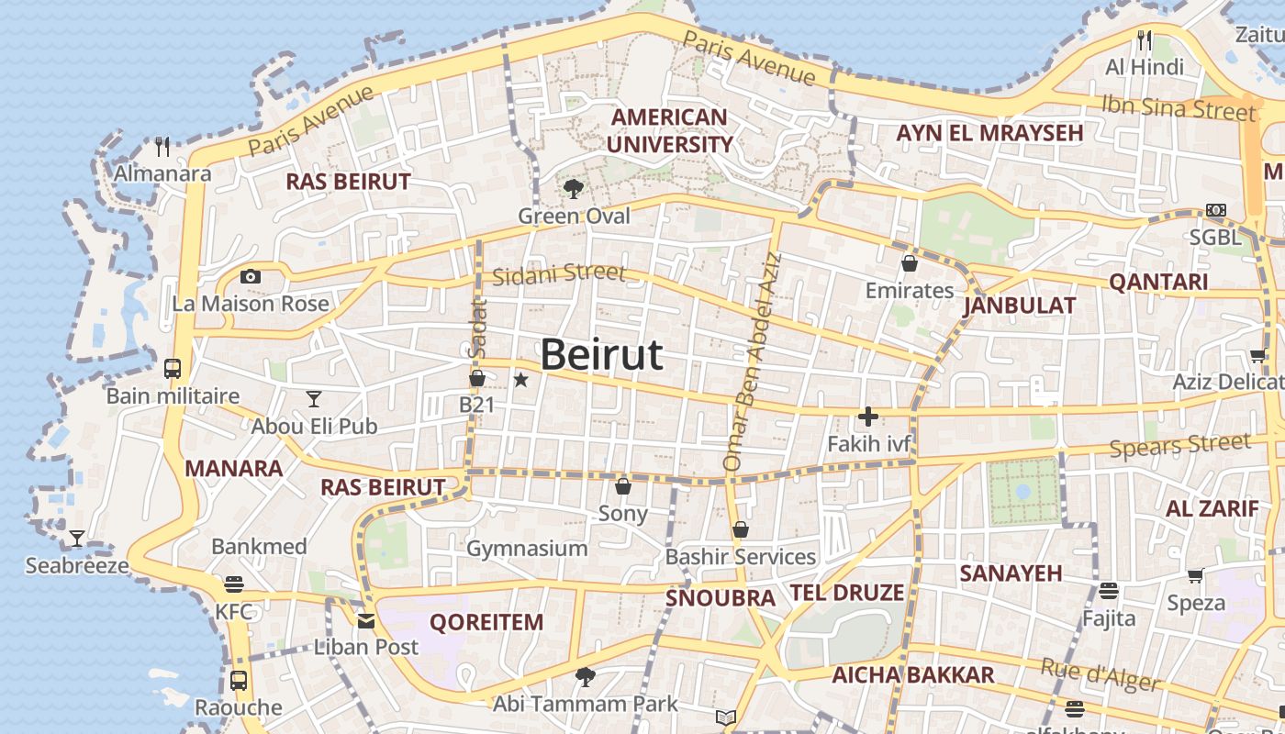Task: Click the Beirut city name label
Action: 601,355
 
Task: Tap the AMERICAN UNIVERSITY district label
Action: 669,131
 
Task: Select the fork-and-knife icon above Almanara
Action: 163,146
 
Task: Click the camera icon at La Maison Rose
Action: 250,276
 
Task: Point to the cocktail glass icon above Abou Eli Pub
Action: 314,398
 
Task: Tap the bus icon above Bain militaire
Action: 173,369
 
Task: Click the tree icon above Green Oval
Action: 574,189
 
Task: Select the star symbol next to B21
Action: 520,379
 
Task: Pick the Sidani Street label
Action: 558,273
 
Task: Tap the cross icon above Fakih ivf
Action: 867,417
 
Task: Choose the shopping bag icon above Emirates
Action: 910,263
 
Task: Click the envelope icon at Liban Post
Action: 366,621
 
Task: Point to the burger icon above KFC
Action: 233,584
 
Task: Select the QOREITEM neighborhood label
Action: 486,622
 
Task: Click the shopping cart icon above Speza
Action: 1195,575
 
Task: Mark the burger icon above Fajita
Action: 1109,591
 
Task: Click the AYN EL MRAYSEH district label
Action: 989,133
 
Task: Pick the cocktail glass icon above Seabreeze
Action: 77,539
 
